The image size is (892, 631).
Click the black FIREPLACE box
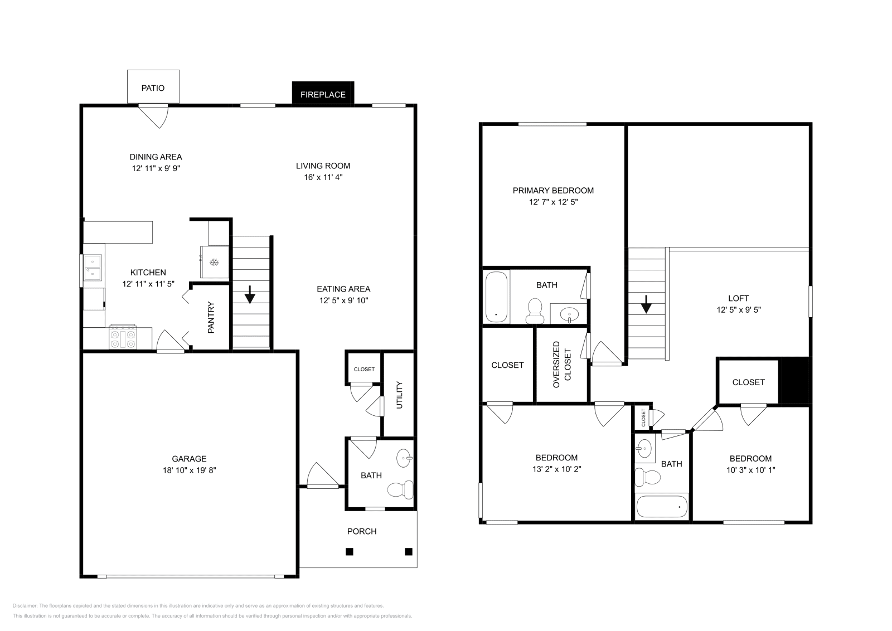323,94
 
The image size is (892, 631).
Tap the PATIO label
153,88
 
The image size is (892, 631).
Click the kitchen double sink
93,267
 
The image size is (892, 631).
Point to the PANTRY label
211,318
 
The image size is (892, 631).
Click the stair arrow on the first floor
250,294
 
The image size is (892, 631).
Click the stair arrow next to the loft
646,304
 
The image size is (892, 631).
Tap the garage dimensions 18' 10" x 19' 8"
189,470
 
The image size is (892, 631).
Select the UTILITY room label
399,395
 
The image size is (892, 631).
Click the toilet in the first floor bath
400,490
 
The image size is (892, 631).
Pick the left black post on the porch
349,552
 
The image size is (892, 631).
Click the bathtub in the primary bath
496,297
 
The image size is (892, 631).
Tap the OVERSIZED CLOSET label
561,365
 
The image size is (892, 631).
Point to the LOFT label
738,298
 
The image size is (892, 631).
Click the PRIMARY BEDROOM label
553,190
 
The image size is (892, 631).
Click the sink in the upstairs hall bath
644,448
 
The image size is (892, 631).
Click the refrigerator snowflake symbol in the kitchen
214,263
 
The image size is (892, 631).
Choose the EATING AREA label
343,289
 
